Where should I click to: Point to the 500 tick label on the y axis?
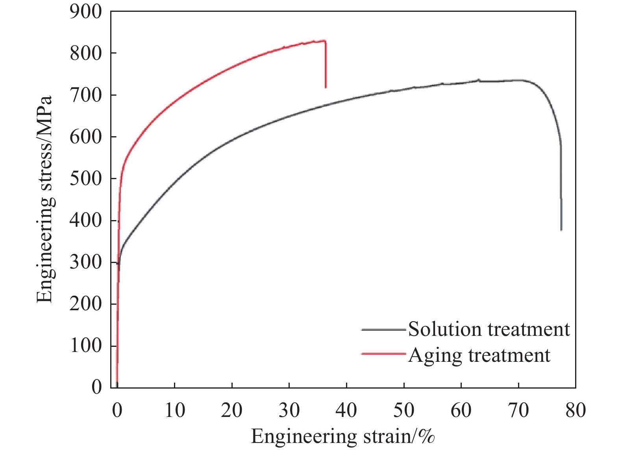(85, 179)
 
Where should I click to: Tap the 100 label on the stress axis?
(85, 346)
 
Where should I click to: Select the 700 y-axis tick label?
(85, 95)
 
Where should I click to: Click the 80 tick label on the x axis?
(576, 410)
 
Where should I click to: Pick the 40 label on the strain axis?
(346, 410)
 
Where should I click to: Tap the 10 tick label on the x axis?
(174, 410)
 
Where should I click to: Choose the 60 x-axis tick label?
(461, 410)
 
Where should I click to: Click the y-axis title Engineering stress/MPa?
(44, 199)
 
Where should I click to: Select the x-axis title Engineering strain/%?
(343, 436)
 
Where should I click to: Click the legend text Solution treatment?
(489, 329)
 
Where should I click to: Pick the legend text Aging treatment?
(479, 355)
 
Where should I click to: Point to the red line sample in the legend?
(383, 354)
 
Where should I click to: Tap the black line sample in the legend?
(383, 329)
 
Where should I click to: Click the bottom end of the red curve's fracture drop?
(326, 87)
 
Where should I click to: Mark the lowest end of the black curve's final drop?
(561, 230)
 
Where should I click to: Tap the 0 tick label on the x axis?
(117, 410)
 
